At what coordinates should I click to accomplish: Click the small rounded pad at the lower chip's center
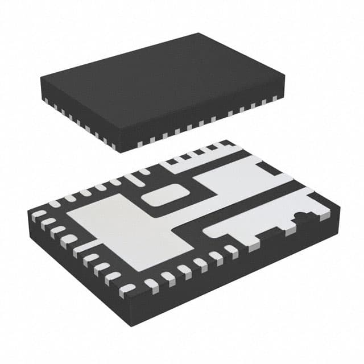coord(160,197)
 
